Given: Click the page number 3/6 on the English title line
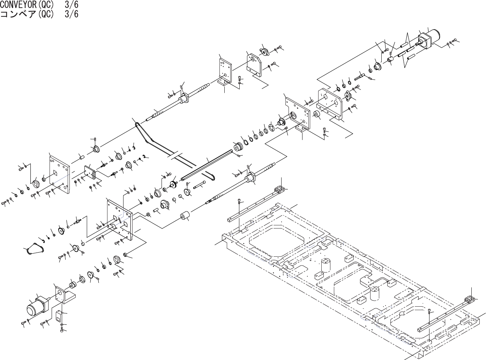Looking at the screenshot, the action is point(72,5).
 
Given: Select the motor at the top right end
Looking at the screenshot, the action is point(430,38).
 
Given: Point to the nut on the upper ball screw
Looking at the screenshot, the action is point(185,98).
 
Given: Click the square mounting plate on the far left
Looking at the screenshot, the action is point(59,174).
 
